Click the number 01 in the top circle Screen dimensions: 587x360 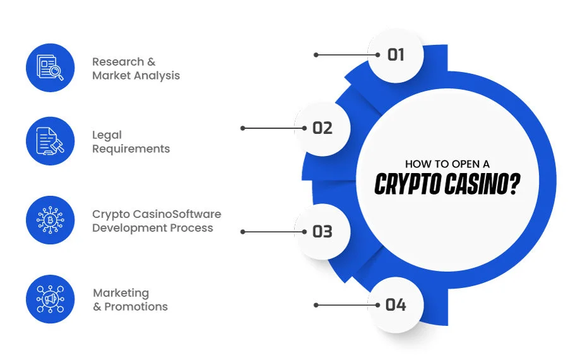[x=395, y=55]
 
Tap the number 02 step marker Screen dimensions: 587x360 [x=323, y=128]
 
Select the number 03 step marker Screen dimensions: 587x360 [x=323, y=232]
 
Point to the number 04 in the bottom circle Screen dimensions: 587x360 [x=396, y=305]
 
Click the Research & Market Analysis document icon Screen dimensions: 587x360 [x=50, y=68]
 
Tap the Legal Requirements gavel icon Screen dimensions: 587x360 [x=50, y=141]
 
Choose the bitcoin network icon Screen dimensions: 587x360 [x=50, y=220]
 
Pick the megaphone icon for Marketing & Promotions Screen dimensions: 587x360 [x=50, y=299]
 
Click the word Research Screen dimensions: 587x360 [x=118, y=61]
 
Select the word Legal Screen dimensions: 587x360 [x=107, y=135]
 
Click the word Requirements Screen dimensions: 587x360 [x=131, y=148]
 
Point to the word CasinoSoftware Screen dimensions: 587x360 [x=177, y=214]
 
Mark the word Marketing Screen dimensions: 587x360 [x=121, y=293]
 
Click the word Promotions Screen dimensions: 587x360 [x=136, y=306]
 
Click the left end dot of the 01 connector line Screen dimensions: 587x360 [x=316, y=55]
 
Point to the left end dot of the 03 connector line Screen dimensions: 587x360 [x=242, y=232]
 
